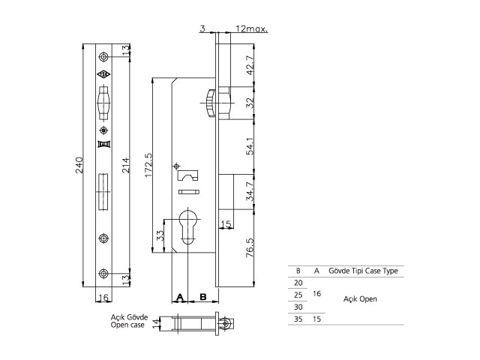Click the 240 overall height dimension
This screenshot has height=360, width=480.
[x=79, y=165]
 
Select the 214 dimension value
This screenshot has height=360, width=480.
[x=126, y=165]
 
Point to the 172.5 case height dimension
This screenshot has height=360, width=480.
[x=148, y=165]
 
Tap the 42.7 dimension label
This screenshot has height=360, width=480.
[x=250, y=65]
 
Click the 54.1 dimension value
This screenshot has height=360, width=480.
[x=250, y=146]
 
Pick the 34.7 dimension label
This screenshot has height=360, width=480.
[x=250, y=192]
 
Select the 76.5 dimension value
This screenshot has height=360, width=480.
[x=250, y=247]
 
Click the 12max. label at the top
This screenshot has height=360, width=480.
[x=252, y=29]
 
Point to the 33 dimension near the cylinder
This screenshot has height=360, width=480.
[x=160, y=235]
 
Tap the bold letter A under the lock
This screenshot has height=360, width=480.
[x=180, y=297]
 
